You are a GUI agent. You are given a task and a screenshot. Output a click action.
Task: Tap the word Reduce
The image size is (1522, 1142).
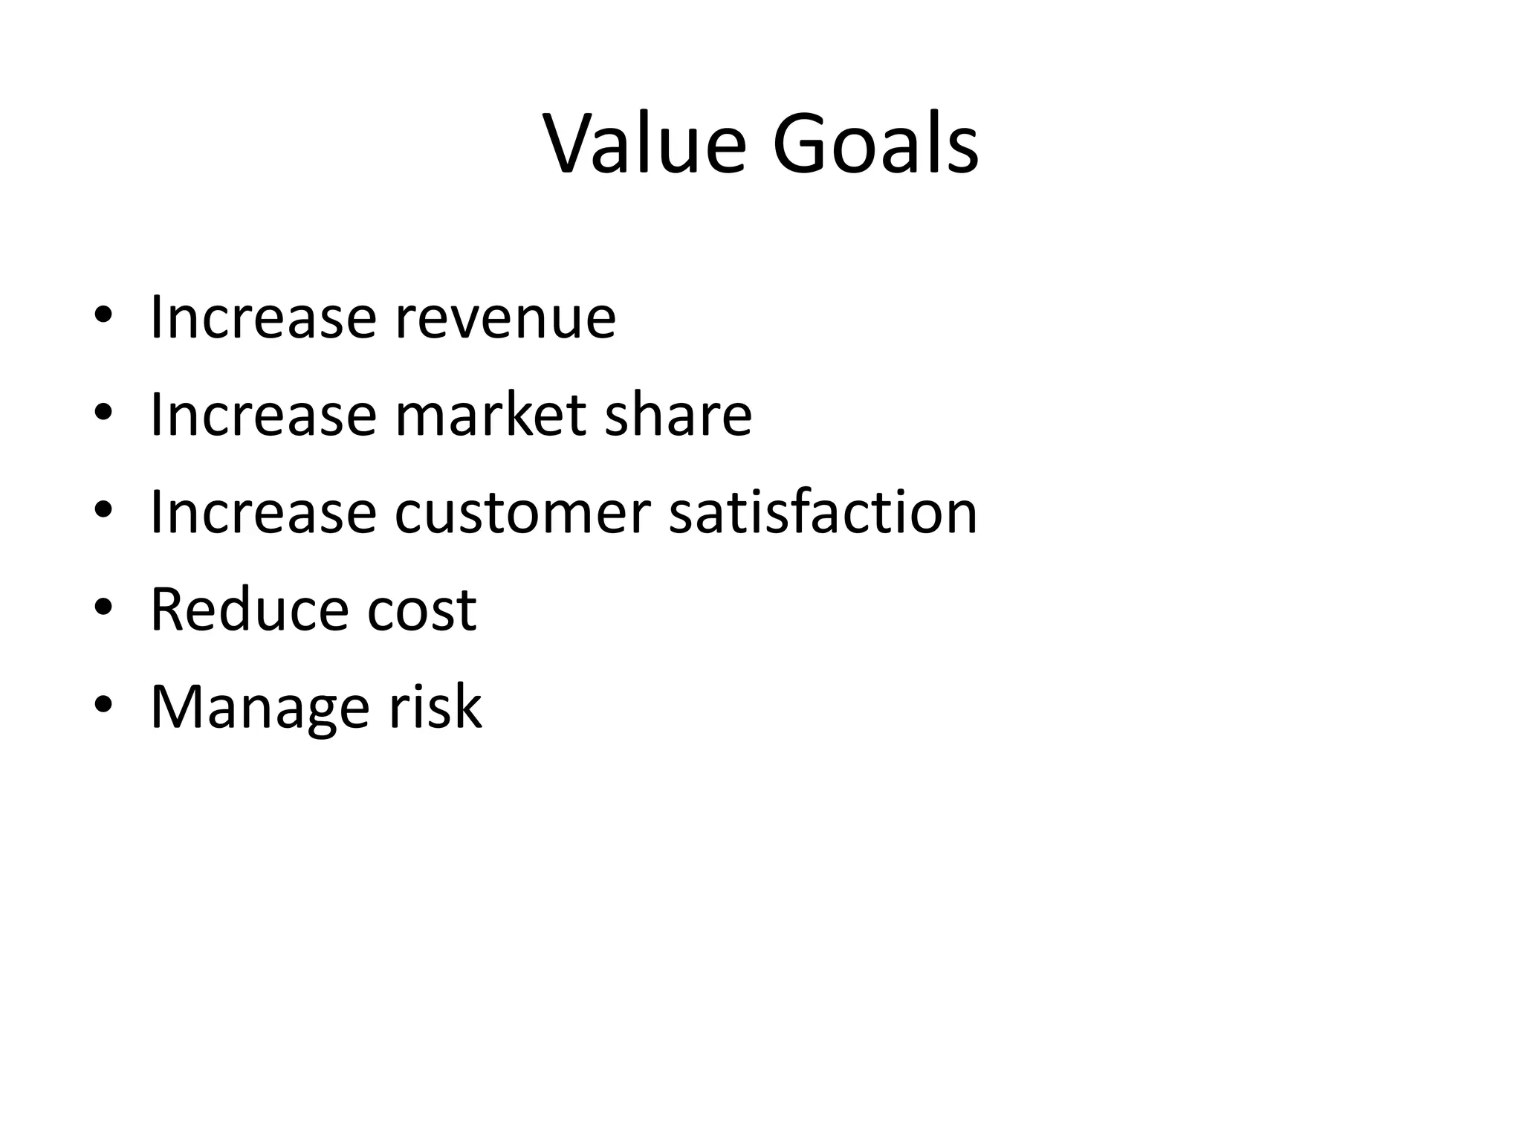click(x=248, y=610)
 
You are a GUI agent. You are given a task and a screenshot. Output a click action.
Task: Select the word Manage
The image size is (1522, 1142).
click(x=259, y=708)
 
